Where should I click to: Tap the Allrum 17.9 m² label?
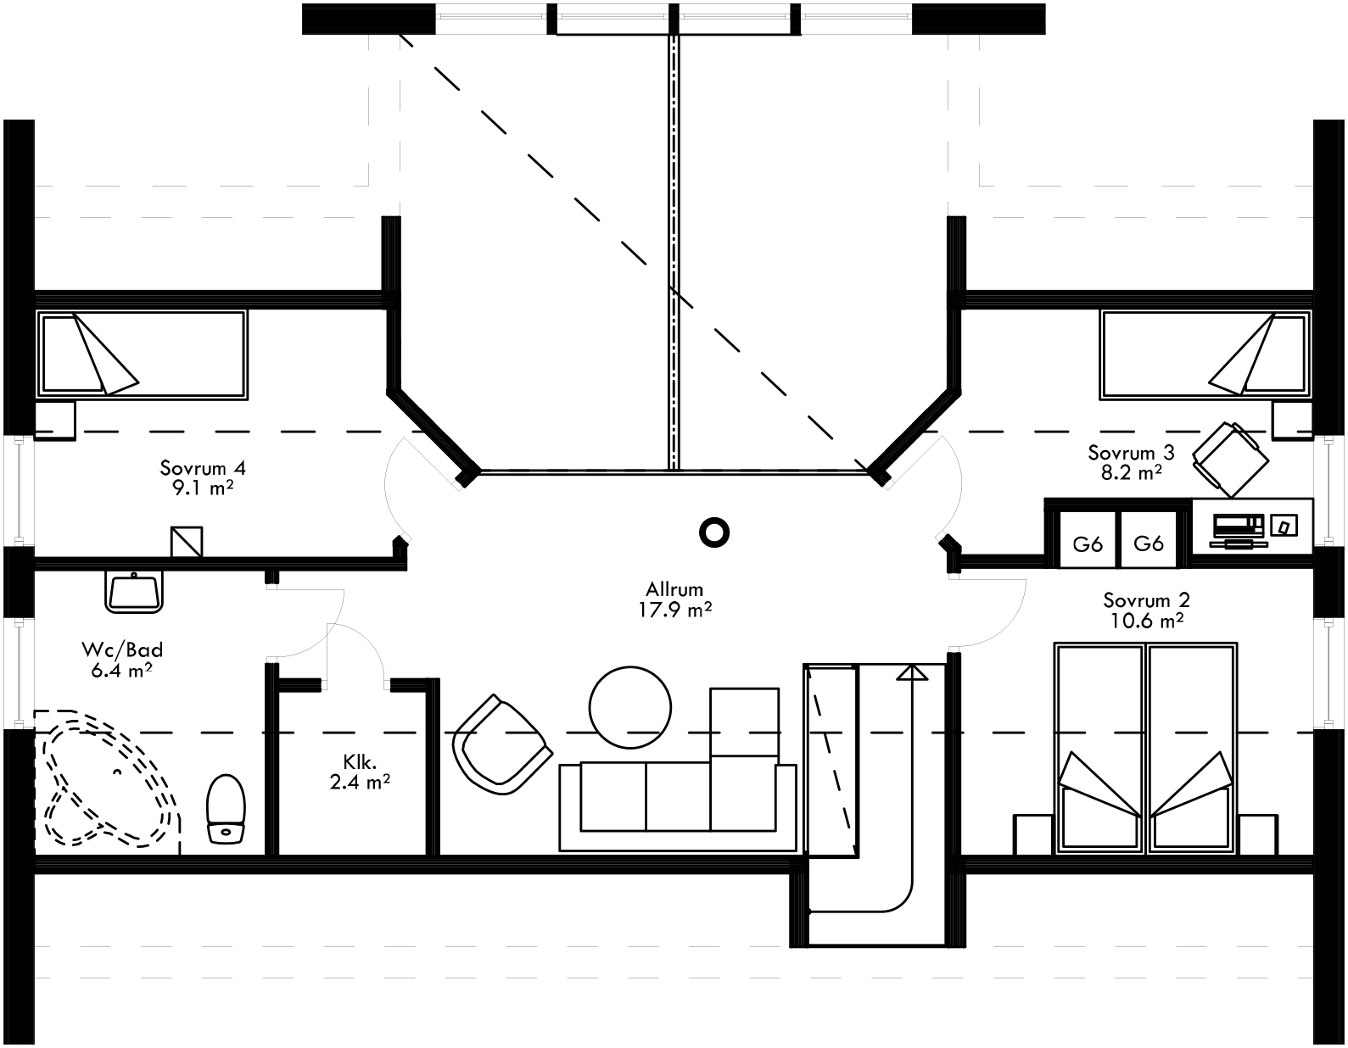coord(674,599)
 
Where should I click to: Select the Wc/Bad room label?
coord(121,660)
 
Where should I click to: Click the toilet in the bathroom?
coord(226,808)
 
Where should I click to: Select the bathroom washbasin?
coord(134,590)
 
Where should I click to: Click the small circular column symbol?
coord(713,532)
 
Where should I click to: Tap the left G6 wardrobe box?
coord(1088,542)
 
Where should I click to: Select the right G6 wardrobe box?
coord(1149,542)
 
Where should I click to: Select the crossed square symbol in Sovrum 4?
coord(187,542)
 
